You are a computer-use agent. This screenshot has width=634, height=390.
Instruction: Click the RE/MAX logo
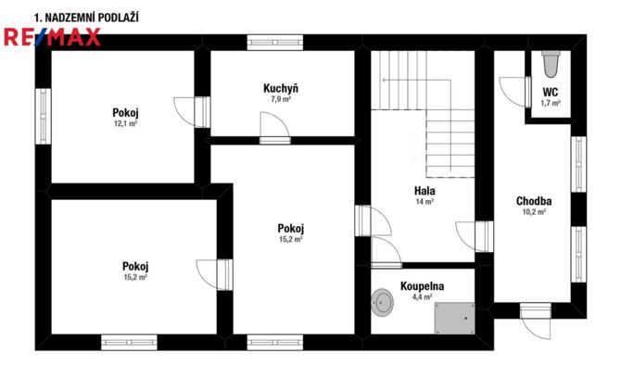52,37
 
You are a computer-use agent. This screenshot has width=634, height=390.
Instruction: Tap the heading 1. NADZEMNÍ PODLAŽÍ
86,18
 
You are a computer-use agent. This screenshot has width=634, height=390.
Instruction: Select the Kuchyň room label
281,88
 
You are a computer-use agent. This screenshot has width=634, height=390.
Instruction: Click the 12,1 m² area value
125,123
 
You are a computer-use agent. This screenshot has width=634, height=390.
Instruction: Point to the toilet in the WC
551,64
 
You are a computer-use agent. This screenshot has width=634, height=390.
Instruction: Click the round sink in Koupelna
382,302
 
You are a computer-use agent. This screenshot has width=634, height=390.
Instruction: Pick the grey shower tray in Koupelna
454,319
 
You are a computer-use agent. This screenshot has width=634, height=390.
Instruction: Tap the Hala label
425,190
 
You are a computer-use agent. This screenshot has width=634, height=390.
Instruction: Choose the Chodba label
534,201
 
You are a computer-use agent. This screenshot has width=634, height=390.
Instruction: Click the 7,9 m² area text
281,99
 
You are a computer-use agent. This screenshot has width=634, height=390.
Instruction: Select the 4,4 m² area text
422,297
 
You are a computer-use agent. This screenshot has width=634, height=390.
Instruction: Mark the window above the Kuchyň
275,43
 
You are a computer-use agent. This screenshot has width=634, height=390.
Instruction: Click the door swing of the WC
513,92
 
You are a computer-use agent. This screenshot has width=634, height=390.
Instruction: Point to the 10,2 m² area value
534,212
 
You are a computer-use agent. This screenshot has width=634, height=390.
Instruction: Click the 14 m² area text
425,201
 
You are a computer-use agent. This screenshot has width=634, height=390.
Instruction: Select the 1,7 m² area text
551,103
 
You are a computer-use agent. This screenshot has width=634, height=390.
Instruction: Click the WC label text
551,92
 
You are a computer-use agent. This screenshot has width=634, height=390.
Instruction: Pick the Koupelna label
422,286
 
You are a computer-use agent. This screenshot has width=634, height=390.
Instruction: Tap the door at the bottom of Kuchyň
275,129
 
